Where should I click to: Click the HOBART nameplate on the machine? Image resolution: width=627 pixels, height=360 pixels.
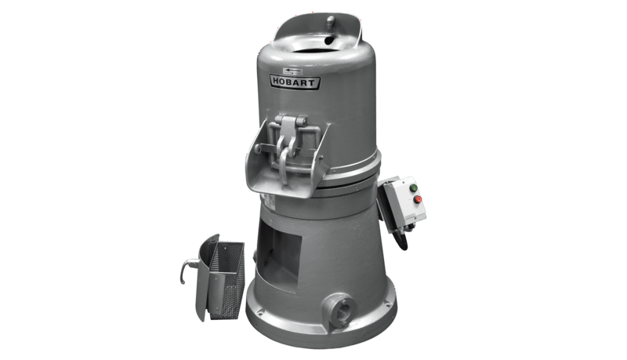click(295, 82)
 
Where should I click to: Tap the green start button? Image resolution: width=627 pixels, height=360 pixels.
click(414, 187)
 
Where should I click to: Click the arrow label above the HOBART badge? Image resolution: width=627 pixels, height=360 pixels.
click(292, 71)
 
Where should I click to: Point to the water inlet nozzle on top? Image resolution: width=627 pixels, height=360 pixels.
click(330, 21)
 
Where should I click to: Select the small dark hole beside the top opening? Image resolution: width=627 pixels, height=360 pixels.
click(329, 40)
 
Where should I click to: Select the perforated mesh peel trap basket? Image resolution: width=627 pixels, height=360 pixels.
click(227, 280)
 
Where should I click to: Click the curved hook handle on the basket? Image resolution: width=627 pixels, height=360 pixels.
click(187, 269)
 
